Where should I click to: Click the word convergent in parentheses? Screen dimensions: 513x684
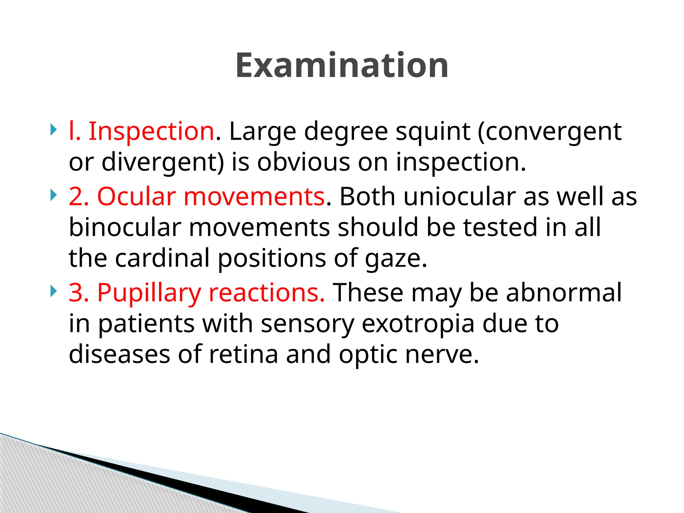tap(553, 132)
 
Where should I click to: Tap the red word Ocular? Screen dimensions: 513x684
tap(136, 196)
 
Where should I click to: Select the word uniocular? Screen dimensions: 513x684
tap(459, 196)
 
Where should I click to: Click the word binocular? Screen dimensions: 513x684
tap(125, 227)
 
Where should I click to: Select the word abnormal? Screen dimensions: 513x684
tap(564, 293)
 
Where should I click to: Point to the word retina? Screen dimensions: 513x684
tap(243, 354)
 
